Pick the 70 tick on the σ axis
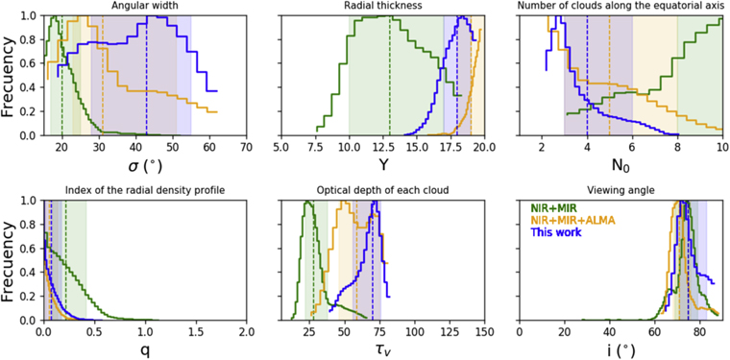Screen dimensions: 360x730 [246, 147]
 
